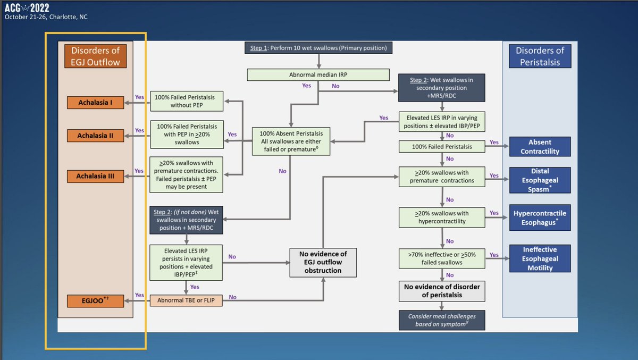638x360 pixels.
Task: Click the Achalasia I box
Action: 96,103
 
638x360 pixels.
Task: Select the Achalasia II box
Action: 96,136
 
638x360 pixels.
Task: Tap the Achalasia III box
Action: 96,175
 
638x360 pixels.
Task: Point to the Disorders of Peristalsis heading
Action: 540,56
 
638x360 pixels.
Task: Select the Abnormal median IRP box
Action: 318,74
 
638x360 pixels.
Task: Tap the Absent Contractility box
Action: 540,147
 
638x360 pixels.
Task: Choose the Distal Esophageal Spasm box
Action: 540,180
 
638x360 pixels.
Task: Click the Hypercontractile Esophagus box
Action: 540,217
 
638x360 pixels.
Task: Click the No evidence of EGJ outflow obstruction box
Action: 323,262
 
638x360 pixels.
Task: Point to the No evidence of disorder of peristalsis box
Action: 441,291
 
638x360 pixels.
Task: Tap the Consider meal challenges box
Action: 441,320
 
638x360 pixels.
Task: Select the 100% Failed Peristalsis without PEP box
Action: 187,101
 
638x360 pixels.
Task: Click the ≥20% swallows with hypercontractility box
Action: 441,216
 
